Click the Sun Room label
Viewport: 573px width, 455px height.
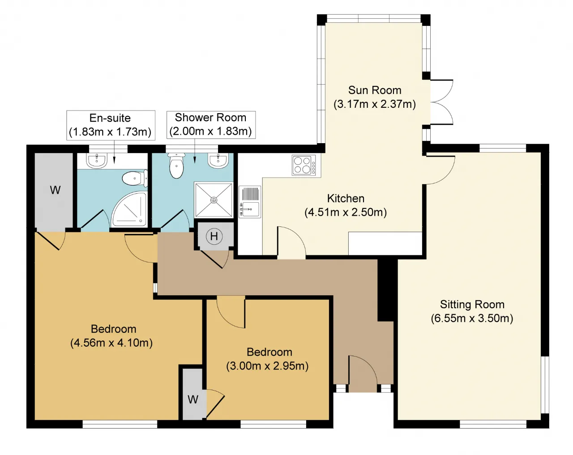375,90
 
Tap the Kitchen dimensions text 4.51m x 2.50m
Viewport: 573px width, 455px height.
346,213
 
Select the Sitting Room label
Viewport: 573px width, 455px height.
472,304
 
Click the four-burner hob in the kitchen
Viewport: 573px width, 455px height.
304,165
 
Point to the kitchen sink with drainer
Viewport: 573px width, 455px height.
250,202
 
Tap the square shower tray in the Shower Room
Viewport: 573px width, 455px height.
214,200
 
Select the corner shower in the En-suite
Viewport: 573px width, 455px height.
129,209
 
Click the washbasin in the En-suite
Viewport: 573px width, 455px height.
97,161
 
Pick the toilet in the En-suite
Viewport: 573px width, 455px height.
135,178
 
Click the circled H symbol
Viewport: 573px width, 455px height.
214,236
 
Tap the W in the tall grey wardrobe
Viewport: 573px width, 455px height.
55,190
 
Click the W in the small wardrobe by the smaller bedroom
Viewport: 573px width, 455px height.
193,400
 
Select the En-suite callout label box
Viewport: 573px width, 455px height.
111,125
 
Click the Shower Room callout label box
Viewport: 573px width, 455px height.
211,125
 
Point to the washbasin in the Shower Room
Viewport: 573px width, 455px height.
218,161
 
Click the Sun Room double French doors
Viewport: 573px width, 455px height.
441,102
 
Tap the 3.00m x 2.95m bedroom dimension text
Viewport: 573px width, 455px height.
267,366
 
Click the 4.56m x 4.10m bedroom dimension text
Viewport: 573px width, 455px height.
111,343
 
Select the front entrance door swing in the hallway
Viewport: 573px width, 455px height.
363,370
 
